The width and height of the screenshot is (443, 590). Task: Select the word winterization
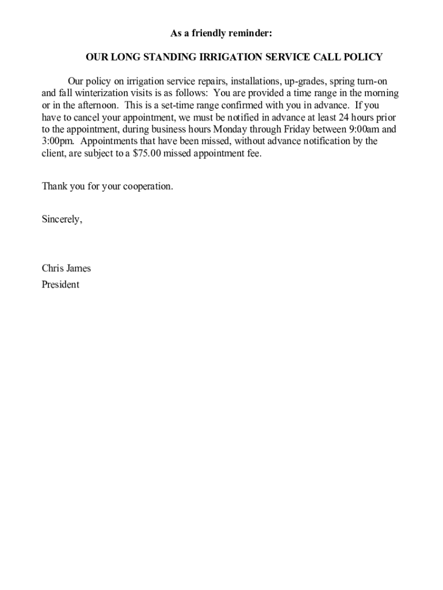coord(93,93)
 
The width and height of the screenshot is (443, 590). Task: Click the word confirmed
coord(249,105)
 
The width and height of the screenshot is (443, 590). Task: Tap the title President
coord(60,285)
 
